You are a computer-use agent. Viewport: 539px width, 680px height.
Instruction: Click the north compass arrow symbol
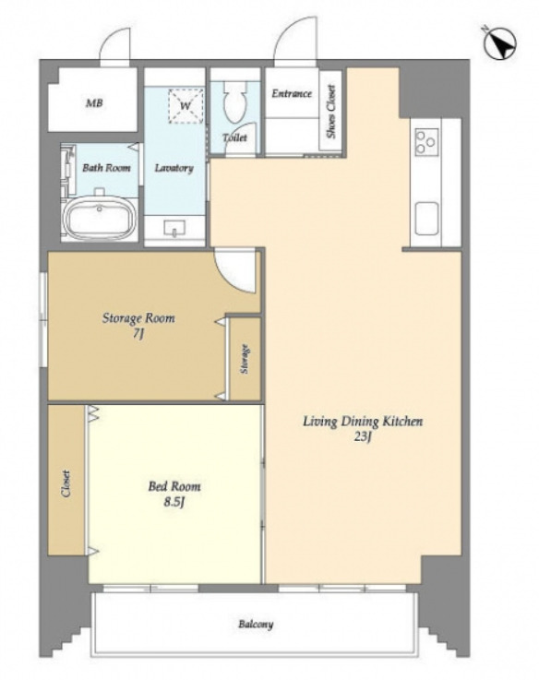(500, 43)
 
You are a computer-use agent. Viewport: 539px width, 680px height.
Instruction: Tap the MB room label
(94, 103)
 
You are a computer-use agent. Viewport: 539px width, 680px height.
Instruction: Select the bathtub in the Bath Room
(100, 220)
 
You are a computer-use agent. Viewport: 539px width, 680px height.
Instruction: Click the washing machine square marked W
(186, 106)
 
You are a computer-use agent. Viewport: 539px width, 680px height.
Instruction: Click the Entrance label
(292, 93)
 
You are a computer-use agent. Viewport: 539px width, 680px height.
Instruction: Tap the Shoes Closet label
(331, 112)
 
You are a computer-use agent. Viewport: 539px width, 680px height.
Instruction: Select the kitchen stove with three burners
(426, 142)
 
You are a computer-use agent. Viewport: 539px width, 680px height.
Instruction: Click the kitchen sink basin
(426, 219)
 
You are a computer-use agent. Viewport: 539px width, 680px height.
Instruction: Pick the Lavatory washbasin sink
(174, 228)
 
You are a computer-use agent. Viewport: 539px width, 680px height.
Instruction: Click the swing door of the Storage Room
(235, 270)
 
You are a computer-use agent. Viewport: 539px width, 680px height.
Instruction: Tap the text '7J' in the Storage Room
(138, 333)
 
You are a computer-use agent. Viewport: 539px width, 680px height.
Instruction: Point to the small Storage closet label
(245, 359)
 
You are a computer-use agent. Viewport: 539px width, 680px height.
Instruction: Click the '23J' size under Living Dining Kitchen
(363, 436)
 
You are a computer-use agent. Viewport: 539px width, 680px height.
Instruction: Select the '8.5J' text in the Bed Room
(174, 502)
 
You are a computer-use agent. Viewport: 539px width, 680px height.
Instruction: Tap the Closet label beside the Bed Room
(66, 483)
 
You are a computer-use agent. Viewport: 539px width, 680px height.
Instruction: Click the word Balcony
(256, 625)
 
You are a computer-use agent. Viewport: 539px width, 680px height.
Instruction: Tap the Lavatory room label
(174, 168)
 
